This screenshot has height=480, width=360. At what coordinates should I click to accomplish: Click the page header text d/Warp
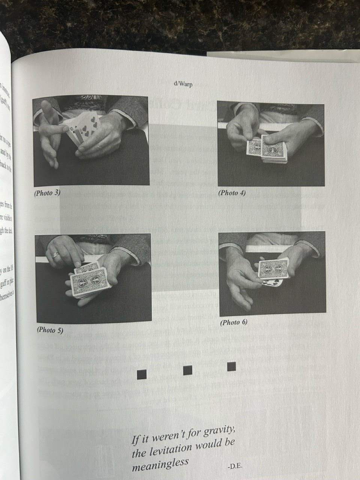coord(183,84)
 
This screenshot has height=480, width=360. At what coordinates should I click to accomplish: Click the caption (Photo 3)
coord(47,193)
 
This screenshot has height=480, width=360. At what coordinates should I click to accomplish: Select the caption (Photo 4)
coord(232,193)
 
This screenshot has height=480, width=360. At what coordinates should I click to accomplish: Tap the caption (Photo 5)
coord(50,330)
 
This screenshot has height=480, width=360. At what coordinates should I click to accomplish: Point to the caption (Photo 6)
coord(234,322)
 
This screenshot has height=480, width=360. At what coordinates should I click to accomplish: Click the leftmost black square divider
coord(142,374)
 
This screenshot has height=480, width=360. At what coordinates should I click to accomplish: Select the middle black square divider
coord(187,370)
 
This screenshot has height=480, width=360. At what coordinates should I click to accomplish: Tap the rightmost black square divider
coord(231,366)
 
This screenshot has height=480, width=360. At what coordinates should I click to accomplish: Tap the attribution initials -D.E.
coord(235,466)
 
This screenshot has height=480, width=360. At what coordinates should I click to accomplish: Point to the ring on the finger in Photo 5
coord(55,255)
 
